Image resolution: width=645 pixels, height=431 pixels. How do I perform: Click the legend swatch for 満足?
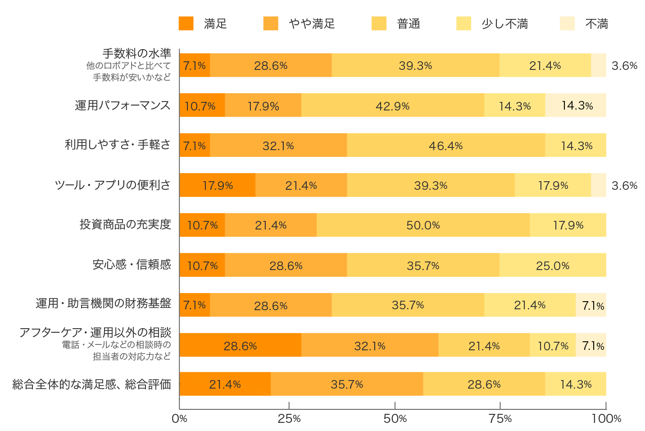coord(186,23)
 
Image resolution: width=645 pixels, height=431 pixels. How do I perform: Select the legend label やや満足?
coord(312,23)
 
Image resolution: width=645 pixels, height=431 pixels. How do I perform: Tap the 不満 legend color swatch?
coord(567,23)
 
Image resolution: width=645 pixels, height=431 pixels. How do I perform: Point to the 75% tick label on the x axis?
coord(500,419)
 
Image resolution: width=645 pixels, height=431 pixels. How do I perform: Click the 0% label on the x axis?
coord(179,419)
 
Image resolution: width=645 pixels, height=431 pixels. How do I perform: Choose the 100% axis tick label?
coord(606,419)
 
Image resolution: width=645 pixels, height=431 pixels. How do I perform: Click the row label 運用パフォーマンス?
coord(123,105)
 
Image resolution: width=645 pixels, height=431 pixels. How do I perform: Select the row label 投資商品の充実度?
coord(125,225)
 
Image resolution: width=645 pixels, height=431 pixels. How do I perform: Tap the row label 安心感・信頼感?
coord(132,265)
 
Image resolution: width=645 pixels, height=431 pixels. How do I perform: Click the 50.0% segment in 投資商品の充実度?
coord(423,225)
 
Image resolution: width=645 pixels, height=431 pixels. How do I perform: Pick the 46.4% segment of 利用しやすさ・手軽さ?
coord(445,145)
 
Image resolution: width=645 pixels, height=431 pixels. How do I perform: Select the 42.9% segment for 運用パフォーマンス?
coord(392,105)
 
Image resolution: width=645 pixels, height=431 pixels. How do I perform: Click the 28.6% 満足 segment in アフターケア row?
coord(240,345)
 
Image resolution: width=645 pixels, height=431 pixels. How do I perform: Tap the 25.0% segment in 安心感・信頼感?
coord(553,265)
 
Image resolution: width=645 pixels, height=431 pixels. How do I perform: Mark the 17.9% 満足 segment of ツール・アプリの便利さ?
coord(218,185)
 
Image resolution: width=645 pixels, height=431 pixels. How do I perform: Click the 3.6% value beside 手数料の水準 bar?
coord(624,66)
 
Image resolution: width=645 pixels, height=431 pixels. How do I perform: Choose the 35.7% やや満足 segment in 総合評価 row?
coord(347,384)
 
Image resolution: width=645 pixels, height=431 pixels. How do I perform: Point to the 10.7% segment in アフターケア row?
coord(553,345)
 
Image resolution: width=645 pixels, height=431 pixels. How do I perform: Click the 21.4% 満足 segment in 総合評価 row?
coord(225,384)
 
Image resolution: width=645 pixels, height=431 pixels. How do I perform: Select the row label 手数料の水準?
coord(136,54)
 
